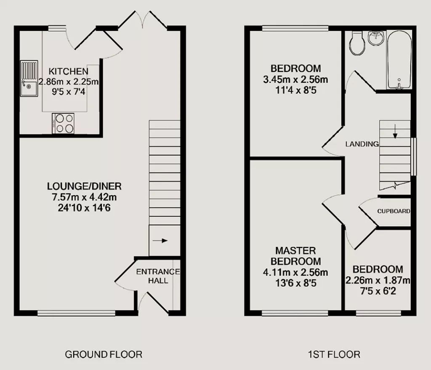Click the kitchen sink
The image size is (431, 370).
point(29,79)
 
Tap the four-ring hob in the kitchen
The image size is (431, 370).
point(63,123)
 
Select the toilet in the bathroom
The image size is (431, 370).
point(357,44)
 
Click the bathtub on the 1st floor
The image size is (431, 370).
point(399,60)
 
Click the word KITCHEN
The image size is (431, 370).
point(69,71)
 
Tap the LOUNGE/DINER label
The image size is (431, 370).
point(84,186)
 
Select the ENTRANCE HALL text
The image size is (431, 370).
point(158,276)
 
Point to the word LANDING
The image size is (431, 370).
point(362,144)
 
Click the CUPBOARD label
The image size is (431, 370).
point(394,211)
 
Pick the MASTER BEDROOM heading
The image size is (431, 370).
point(296,256)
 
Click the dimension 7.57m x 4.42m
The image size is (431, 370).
point(84,197)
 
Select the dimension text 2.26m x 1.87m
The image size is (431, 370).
point(378,280)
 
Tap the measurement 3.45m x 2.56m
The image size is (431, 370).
point(295,80)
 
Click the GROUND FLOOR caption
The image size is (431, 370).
point(104,354)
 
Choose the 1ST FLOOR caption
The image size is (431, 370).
point(334,354)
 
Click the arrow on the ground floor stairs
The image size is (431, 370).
point(160,241)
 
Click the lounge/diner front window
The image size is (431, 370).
point(77,313)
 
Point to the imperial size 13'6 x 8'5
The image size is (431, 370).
point(296,283)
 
